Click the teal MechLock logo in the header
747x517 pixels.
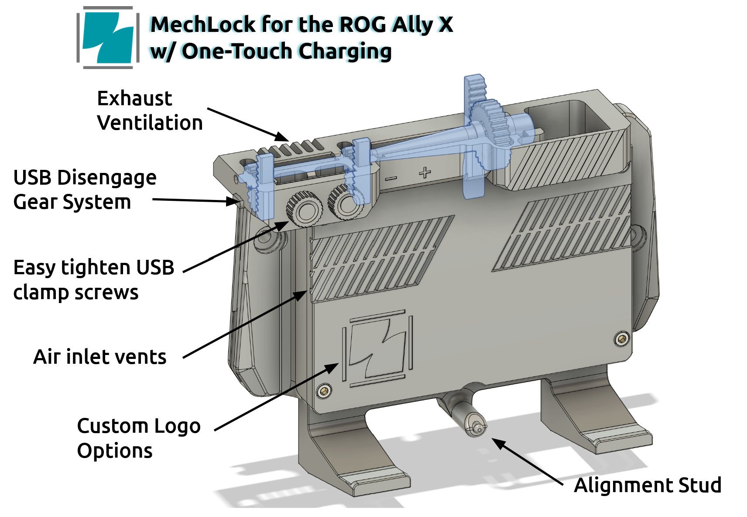[108, 38]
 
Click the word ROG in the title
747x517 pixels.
[363, 24]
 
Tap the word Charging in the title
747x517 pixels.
[345, 52]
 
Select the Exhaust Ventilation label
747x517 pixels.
[149, 110]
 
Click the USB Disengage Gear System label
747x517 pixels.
[85, 190]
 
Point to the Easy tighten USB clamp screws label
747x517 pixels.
[93, 279]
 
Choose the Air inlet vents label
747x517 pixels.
[100, 357]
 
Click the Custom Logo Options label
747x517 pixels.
[138, 438]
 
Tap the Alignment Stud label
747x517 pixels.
[647, 485]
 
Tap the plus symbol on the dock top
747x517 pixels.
[425, 172]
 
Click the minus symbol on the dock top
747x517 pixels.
[391, 178]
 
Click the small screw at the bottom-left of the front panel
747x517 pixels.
[324, 391]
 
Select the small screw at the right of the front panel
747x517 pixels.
[622, 338]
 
